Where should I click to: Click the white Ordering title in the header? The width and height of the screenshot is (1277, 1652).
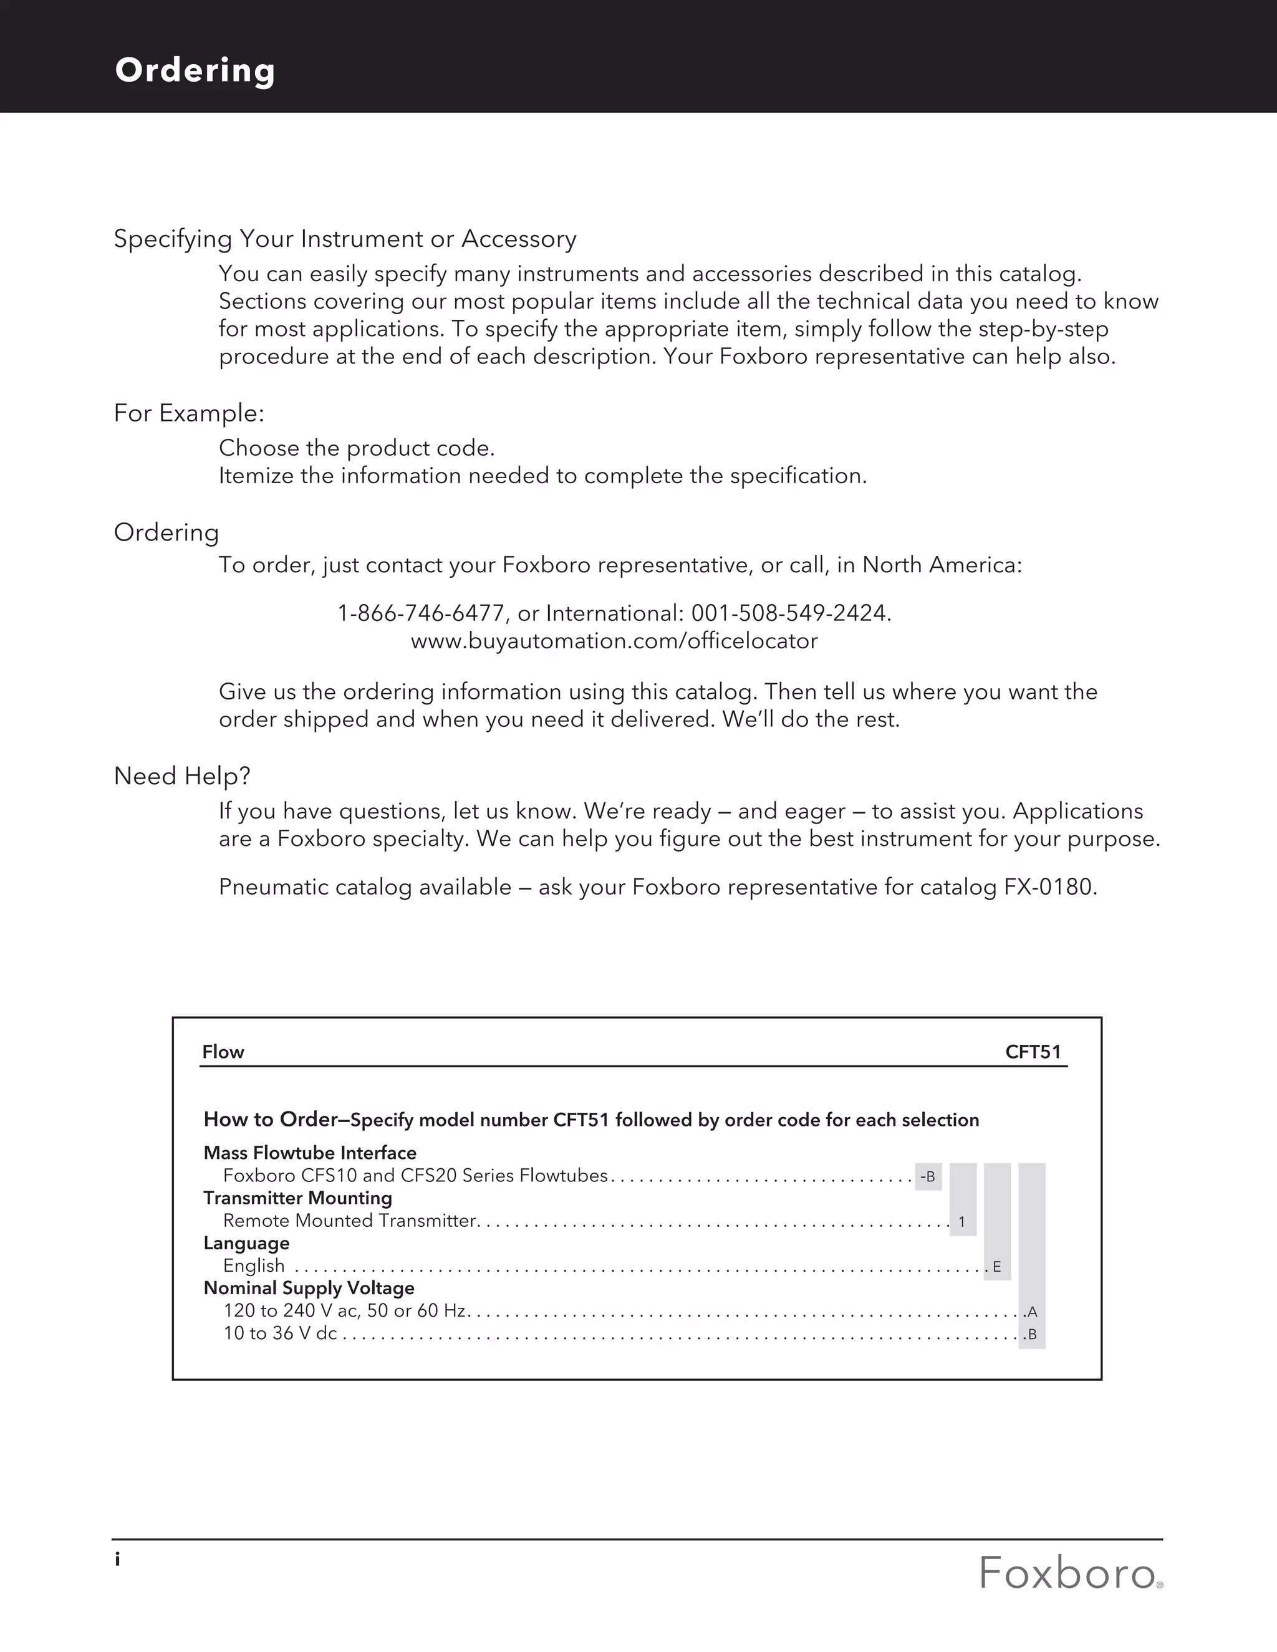pyautogui.click(x=195, y=70)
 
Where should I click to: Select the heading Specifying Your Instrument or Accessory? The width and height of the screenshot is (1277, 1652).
pyautogui.click(x=345, y=239)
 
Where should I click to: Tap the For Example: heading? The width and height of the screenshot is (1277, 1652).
pyautogui.click(x=189, y=413)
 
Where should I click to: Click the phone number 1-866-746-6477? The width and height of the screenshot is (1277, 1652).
pyautogui.click(x=421, y=613)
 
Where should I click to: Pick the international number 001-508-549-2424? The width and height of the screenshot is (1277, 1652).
pyautogui.click(x=790, y=613)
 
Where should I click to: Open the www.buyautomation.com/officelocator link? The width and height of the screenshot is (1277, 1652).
pyautogui.click(x=614, y=641)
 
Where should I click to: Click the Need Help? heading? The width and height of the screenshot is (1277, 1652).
pyautogui.click(x=182, y=776)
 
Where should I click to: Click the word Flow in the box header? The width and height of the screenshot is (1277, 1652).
pyautogui.click(x=223, y=1052)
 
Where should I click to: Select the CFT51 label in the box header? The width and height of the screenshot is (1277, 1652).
pyautogui.click(x=1033, y=1052)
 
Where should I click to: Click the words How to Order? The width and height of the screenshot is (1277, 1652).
pyautogui.click(x=270, y=1120)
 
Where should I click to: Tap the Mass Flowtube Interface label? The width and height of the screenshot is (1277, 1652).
pyautogui.click(x=310, y=1153)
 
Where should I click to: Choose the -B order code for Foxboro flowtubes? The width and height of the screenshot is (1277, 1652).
pyautogui.click(x=927, y=1177)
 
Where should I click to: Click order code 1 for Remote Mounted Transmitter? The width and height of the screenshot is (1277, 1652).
pyautogui.click(x=961, y=1222)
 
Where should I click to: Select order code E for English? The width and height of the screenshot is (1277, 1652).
pyautogui.click(x=997, y=1267)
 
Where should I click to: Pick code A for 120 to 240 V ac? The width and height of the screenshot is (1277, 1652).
pyautogui.click(x=1032, y=1312)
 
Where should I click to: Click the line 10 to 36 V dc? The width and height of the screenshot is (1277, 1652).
pyautogui.click(x=280, y=1333)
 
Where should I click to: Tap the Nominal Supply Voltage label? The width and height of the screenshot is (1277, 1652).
pyautogui.click(x=309, y=1288)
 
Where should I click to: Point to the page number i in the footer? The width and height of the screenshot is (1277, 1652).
pyautogui.click(x=117, y=1559)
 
